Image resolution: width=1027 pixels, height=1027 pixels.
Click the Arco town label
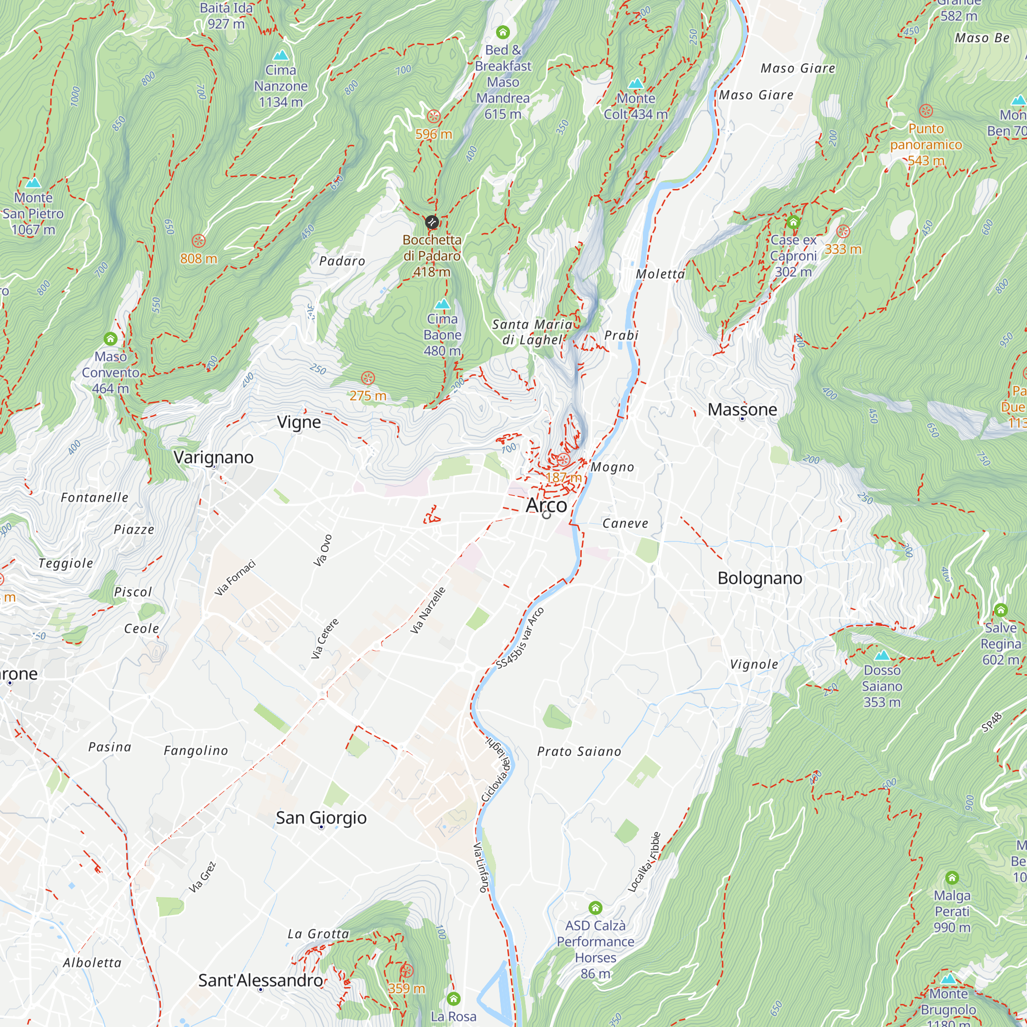pos(546,505)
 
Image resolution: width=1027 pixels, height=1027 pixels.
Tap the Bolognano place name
pos(759,578)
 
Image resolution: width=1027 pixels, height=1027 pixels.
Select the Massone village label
pos(742,409)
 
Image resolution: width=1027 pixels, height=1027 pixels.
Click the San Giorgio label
pos(321,817)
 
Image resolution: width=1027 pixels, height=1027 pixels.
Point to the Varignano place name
pos(214,457)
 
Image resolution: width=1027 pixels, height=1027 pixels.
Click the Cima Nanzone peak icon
pos(281,55)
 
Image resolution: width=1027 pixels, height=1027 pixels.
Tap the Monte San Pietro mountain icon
pos(33,183)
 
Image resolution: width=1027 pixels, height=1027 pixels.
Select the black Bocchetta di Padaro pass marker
pos(432,222)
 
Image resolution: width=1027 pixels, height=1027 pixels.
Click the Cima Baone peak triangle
pos(442,304)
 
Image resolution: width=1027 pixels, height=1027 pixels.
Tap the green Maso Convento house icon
pos(110,338)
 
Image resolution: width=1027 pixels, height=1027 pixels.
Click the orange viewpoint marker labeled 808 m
pos(198,241)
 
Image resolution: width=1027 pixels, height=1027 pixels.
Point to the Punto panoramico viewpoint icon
pos(926,111)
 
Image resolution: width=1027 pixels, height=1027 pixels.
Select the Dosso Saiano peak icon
pos(882,655)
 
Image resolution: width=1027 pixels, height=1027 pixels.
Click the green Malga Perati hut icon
pos(952,878)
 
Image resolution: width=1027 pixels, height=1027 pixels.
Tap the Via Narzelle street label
pos(428,610)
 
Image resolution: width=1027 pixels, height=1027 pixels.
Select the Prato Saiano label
pos(579,752)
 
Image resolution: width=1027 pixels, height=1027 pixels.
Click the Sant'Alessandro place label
pos(260,980)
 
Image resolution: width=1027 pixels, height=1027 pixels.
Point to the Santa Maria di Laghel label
pos(531,332)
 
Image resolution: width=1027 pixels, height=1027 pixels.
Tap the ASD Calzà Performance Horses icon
pos(595,907)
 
